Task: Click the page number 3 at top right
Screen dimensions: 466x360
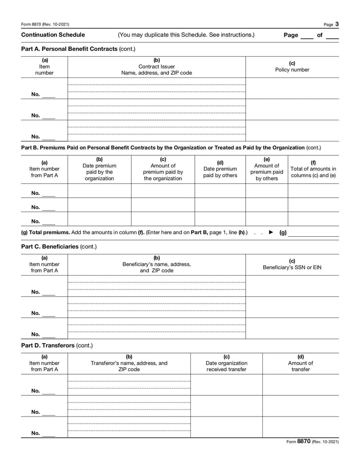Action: tap(337, 24)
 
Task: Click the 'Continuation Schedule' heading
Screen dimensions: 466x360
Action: tap(53, 35)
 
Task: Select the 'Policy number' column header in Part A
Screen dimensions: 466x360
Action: tap(292, 70)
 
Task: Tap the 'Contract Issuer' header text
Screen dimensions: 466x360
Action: tap(157, 67)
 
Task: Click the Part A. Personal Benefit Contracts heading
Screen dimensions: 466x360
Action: tap(78, 49)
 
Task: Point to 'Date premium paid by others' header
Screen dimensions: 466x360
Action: tap(220, 169)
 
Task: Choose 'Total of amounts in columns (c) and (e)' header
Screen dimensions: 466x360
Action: tap(313, 169)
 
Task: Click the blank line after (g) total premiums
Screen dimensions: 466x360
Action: tap(313, 233)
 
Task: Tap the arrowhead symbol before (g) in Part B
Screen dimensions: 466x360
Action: tap(271, 232)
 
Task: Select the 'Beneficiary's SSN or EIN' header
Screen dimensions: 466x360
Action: tap(292, 267)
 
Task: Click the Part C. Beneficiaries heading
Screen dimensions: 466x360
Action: tap(59, 247)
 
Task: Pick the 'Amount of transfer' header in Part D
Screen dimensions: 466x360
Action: tap(301, 363)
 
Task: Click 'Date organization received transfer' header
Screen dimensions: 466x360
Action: tap(226, 363)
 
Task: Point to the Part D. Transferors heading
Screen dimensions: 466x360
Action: tap(57, 345)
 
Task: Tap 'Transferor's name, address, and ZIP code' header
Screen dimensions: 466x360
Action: tap(129, 363)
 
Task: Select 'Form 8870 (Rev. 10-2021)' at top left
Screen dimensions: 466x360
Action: tap(45, 24)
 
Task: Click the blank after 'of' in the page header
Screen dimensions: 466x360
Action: tap(332, 36)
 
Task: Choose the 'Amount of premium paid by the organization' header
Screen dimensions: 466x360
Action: tap(163, 169)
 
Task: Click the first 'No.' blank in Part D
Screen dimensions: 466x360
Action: tap(49, 391)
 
